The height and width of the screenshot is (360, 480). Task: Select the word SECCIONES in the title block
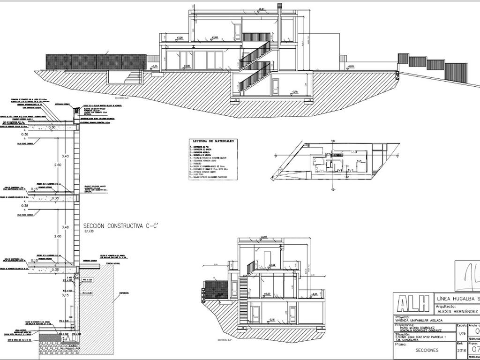pyautogui.click(x=427, y=350)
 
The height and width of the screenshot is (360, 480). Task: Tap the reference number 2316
pyautogui.click(x=461, y=350)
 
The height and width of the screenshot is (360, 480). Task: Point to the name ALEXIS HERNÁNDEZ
pyautogui.click(x=457, y=311)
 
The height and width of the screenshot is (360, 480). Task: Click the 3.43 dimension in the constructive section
pyautogui.click(x=66, y=156)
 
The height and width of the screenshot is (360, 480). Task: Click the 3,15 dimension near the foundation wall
pyautogui.click(x=66, y=296)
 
